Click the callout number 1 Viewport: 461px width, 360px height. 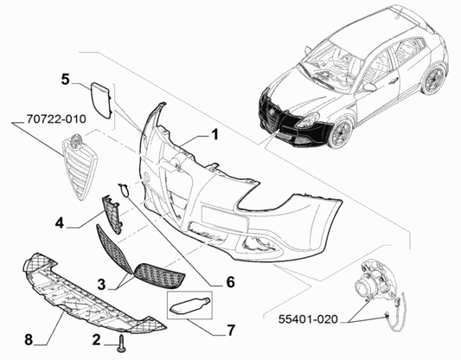point(215,135)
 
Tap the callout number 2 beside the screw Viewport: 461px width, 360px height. point(96,339)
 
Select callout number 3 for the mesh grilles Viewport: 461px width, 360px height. point(101,285)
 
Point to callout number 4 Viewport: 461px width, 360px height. point(60,222)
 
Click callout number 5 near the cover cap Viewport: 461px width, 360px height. point(65,79)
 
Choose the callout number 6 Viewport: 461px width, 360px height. point(230,282)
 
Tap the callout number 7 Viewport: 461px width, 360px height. point(231,330)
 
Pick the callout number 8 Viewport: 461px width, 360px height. point(29,340)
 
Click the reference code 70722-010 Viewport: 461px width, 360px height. point(56,119)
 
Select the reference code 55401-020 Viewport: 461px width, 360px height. point(309,319)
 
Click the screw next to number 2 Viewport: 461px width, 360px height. point(121,344)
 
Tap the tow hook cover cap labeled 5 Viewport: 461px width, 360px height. point(100,100)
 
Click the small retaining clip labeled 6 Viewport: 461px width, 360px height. point(124,190)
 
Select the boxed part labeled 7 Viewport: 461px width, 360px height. point(189,305)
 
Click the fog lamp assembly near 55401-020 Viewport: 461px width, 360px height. point(376,286)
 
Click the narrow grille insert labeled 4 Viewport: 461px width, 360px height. point(112,214)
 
